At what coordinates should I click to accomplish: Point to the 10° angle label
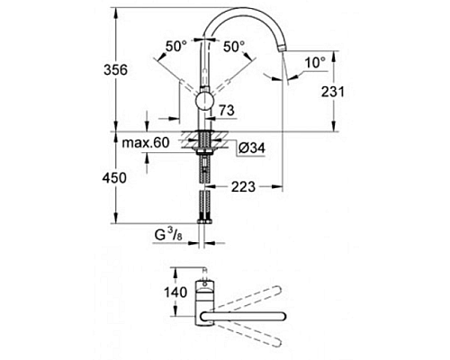coord(314,63)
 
